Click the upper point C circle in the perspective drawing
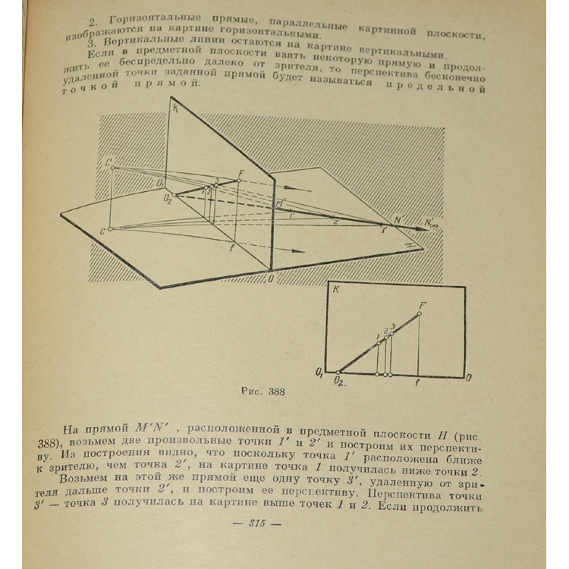point(112,167)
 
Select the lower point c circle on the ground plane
point(110,228)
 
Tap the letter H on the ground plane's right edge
point(410,247)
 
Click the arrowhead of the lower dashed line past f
point(301,251)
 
